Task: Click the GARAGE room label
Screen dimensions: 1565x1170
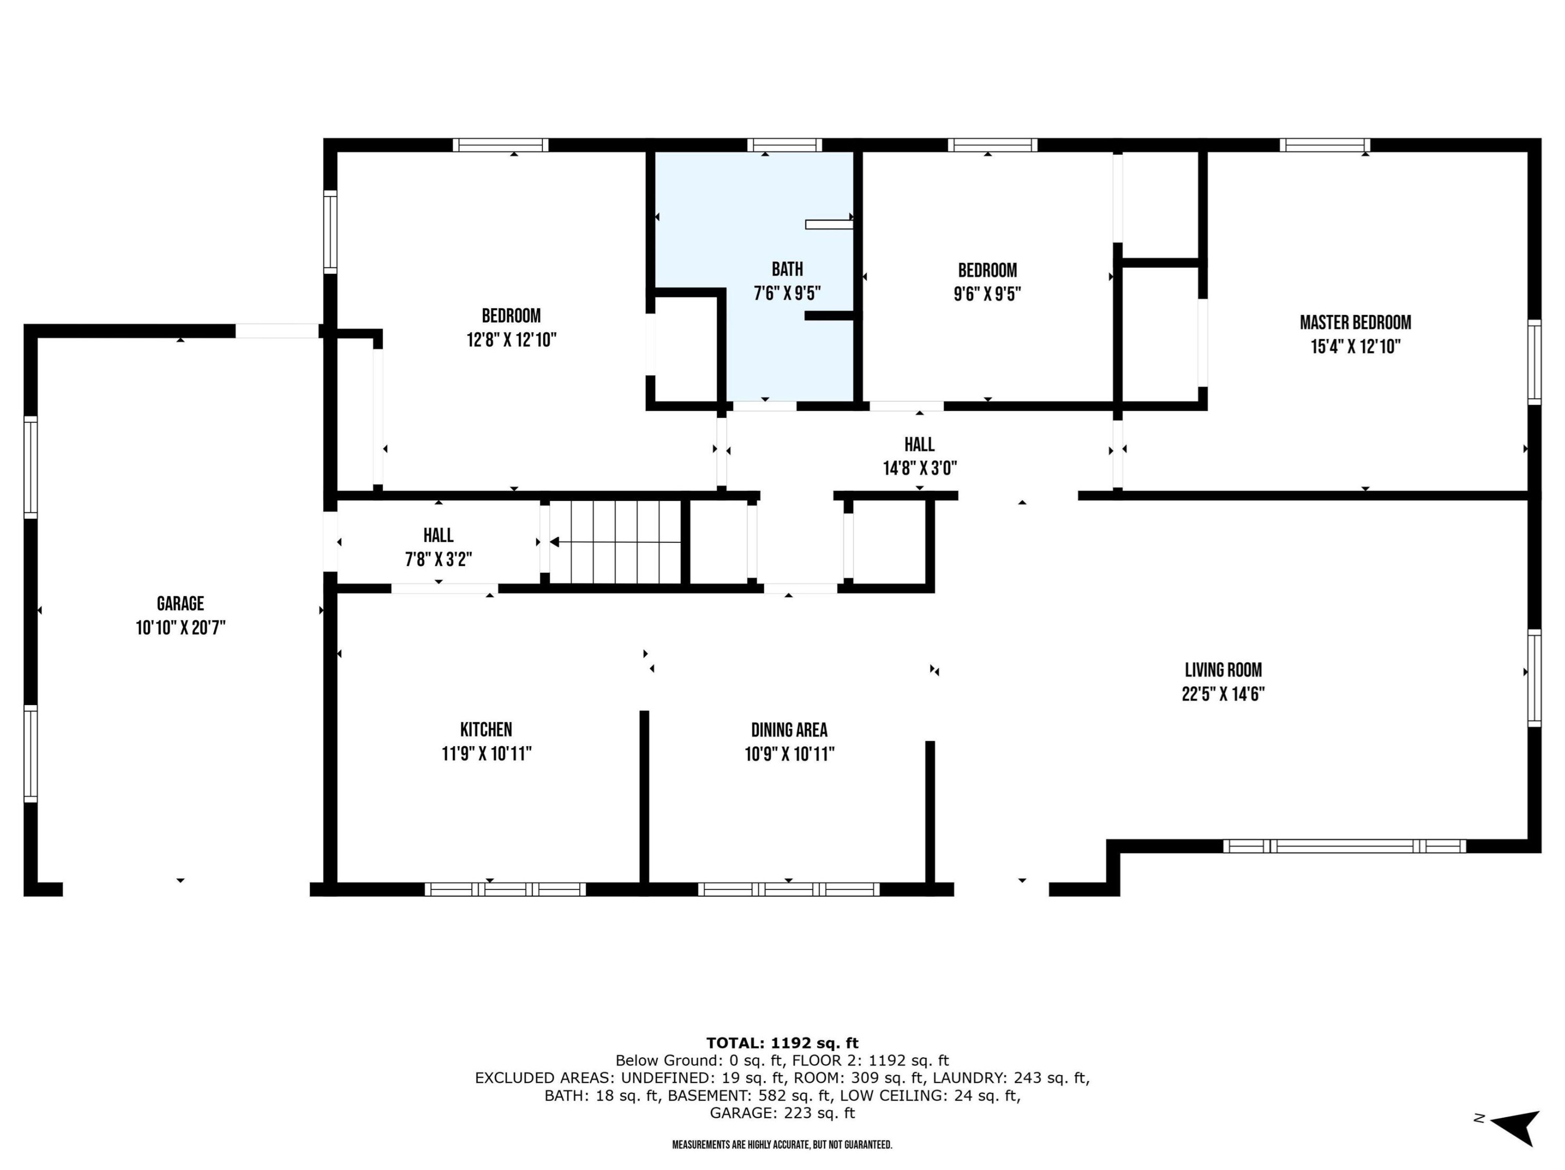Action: pos(181,603)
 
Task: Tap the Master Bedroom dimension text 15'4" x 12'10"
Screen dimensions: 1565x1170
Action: pos(1355,346)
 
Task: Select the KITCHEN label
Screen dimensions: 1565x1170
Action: pos(486,729)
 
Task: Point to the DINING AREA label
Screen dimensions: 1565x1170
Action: pos(789,729)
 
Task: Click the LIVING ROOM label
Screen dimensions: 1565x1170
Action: pos(1223,669)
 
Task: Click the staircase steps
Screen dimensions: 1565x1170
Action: pos(616,542)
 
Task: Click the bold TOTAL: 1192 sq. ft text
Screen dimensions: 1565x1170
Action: pos(782,1043)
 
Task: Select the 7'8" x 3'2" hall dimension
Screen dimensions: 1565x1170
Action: pos(439,560)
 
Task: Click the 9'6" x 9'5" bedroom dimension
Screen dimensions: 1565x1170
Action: pos(987,294)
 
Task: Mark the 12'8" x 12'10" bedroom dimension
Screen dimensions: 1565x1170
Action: pos(511,340)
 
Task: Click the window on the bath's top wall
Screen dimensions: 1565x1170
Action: pos(785,145)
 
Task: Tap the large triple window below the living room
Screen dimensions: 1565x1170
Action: pos(1344,846)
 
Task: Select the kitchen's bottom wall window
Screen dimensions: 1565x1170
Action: pos(505,889)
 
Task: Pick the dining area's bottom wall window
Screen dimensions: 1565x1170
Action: pos(789,889)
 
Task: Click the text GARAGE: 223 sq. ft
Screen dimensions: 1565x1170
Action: pos(782,1113)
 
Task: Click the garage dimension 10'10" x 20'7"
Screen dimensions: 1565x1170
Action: pos(181,628)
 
